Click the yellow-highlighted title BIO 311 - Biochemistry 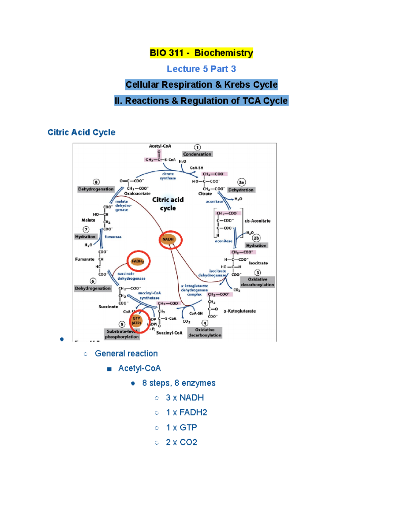coord(201,53)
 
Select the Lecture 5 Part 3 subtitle coord(201,69)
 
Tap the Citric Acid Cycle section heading coord(81,132)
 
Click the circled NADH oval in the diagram coord(169,239)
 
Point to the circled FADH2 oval coord(138,261)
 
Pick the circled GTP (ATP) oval coord(136,321)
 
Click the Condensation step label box coord(197,154)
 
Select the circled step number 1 coord(197,147)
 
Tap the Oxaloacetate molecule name coord(137,194)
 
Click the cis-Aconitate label coord(257,221)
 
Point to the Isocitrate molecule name coord(258,263)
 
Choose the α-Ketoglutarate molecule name coord(239,311)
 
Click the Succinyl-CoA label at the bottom coord(169,333)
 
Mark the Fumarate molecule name coord(85,259)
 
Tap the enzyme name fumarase coord(113,237)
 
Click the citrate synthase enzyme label coord(168,176)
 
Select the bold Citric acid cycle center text coord(168,204)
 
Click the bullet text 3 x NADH coord(185,398)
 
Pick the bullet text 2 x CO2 coord(181,442)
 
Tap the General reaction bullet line coord(126,354)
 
